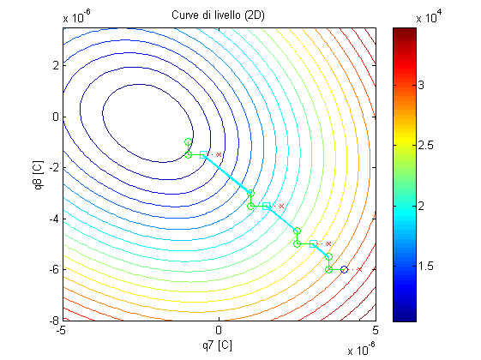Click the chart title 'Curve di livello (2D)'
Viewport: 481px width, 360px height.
pyautogui.click(x=218, y=15)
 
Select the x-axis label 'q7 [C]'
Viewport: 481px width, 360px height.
pyautogui.click(x=217, y=345)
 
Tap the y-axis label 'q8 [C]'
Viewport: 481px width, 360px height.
pyautogui.click(x=39, y=175)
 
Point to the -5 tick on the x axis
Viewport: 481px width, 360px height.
pyautogui.click(x=62, y=330)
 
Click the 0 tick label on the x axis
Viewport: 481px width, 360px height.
pyautogui.click(x=219, y=330)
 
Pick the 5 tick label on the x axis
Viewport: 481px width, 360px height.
pyautogui.click(x=376, y=330)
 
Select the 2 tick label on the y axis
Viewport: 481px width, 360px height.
pyautogui.click(x=56, y=65)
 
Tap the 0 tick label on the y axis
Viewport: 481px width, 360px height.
pyautogui.click(x=56, y=117)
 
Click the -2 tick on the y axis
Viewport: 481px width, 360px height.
pyautogui.click(x=54, y=168)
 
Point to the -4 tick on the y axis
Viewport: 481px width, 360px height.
pyautogui.click(x=54, y=219)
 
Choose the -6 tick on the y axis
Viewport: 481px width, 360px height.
pyautogui.click(x=54, y=269)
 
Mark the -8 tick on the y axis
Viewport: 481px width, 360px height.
pyautogui.click(x=54, y=321)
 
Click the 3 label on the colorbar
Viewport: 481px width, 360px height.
pyautogui.click(x=421, y=85)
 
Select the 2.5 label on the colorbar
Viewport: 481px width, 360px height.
pyautogui.click(x=425, y=145)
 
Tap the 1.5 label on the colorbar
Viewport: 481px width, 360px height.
pyautogui.click(x=425, y=267)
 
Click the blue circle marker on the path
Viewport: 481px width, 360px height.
pyautogui.click(x=344, y=269)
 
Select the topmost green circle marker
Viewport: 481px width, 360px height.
pyautogui.click(x=189, y=142)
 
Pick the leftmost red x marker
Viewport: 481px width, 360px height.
pyautogui.click(x=219, y=154)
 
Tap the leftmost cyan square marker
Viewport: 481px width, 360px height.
pyautogui.click(x=203, y=154)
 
